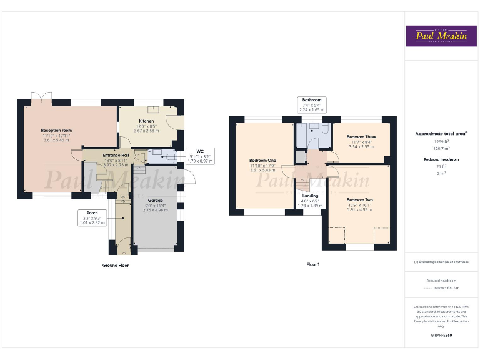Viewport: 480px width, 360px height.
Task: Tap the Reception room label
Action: [57, 130]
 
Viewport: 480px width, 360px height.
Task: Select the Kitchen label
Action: [146, 121]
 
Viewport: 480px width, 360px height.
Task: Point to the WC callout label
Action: [200, 151]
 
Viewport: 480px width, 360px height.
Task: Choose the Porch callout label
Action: [92, 212]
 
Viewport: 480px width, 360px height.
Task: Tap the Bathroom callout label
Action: [312, 100]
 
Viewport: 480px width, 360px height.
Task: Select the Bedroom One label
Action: [262, 160]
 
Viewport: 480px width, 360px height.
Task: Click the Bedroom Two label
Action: [359, 199]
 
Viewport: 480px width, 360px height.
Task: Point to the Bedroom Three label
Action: [361, 136]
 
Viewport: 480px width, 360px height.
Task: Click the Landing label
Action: [310, 195]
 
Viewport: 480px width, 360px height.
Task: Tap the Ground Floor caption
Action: [115, 265]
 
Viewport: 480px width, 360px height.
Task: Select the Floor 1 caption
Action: [312, 265]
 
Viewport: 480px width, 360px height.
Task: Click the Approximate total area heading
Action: [441, 133]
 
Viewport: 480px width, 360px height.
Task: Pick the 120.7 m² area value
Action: [441, 149]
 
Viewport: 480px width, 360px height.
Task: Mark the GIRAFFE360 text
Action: [441, 336]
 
